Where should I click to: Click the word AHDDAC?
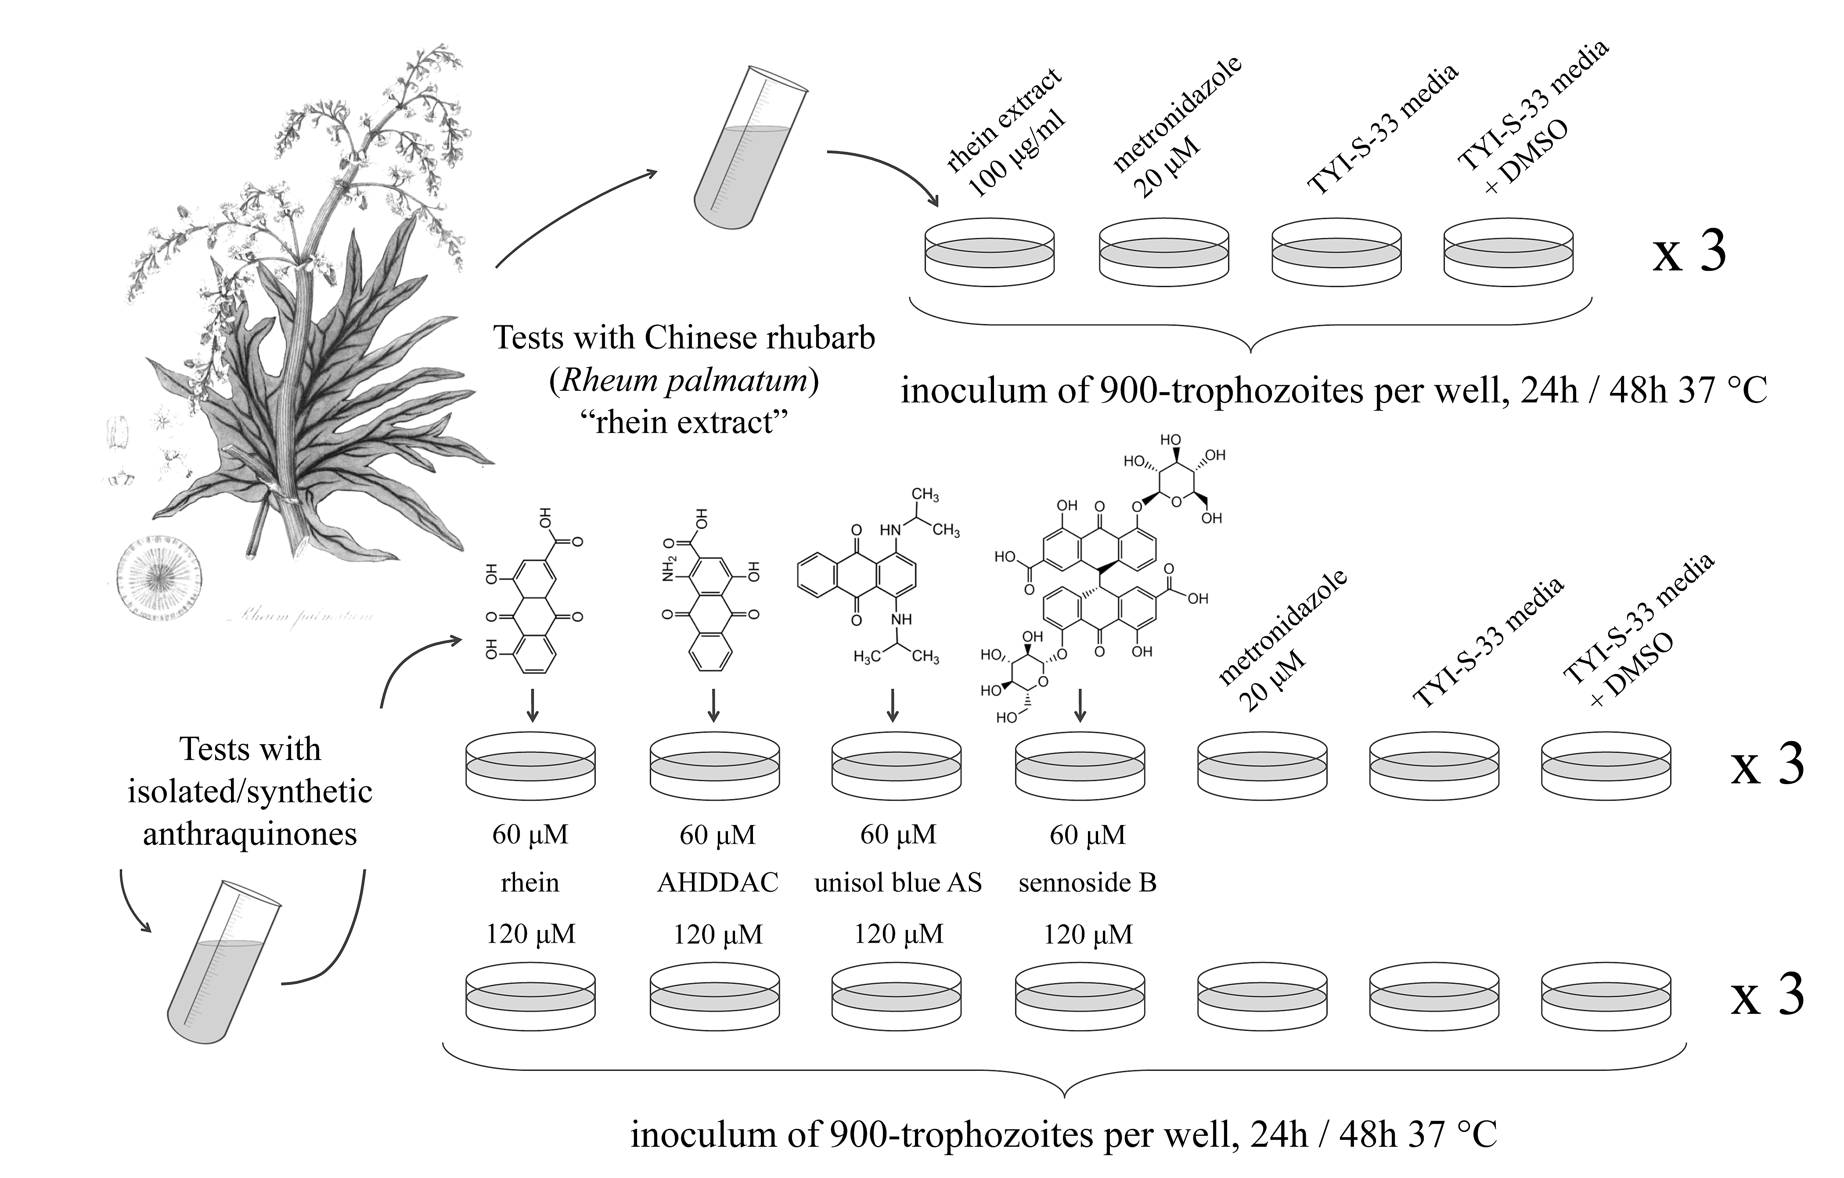717,883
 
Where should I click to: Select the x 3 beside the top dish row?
1689,253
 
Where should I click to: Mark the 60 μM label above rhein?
530,834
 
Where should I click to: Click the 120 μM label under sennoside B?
1088,934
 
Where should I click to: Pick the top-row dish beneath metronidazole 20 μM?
1163,253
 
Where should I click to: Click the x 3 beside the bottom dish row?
1767,996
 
